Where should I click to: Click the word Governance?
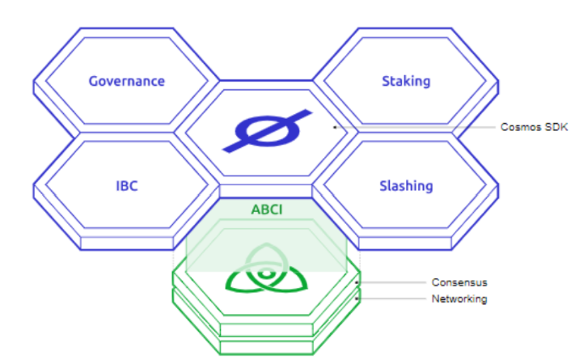point(127,81)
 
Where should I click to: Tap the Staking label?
point(406,82)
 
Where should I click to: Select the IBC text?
point(127,186)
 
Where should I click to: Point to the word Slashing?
point(406,186)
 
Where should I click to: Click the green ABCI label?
point(267,210)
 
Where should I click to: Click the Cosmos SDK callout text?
point(534,127)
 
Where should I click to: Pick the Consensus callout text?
point(459,282)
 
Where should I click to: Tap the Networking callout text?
point(459,299)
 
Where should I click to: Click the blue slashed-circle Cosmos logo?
point(267,131)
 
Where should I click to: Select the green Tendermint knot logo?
point(267,268)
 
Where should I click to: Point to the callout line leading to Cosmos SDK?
point(415,127)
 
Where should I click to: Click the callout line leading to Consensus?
point(391,282)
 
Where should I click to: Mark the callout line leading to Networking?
point(391,299)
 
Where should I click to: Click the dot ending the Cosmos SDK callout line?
point(335,127)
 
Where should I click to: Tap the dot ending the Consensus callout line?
point(357,282)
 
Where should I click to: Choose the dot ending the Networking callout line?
point(357,299)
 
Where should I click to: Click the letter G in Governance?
point(94,81)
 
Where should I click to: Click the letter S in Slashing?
point(383,186)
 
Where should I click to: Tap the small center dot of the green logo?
point(266,274)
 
